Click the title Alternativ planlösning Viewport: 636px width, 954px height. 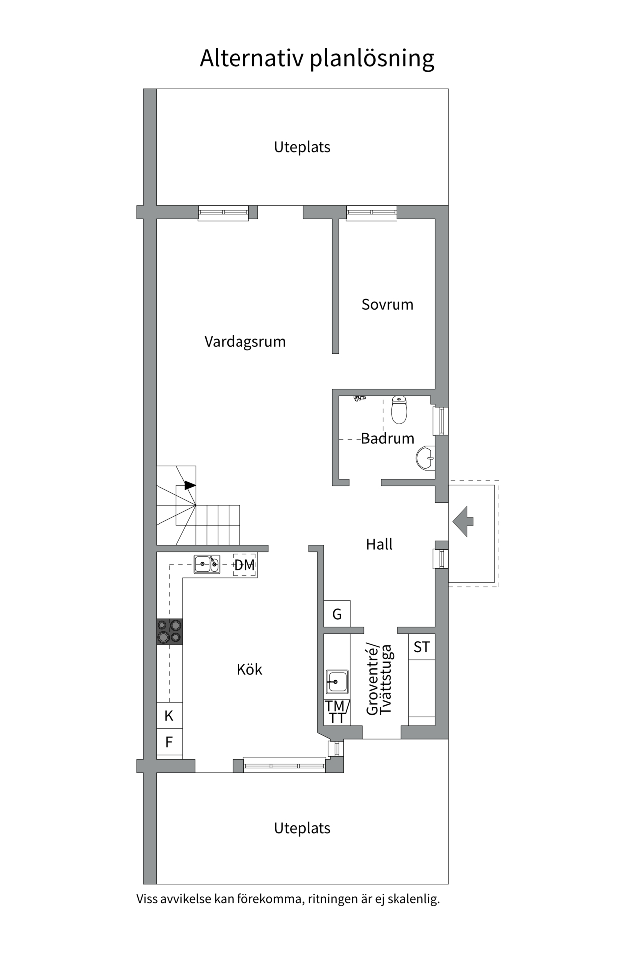coord(317,59)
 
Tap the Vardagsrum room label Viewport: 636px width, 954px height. coord(245,342)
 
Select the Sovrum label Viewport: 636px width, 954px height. coord(388,304)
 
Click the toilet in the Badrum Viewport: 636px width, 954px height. coord(399,409)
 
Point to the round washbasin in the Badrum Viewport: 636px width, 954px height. coord(425,458)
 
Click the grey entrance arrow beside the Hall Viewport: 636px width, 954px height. coord(463,521)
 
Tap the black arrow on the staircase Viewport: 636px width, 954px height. coord(190,485)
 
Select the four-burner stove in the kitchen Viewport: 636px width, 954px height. coord(169,632)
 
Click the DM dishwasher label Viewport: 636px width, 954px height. coord(244,565)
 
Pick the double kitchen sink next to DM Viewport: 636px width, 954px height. coord(207,564)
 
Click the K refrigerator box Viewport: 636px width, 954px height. coord(169,716)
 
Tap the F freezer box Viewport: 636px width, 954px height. coord(169,742)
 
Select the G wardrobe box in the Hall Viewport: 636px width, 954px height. coord(337,615)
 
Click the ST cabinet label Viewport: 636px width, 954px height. coord(422,647)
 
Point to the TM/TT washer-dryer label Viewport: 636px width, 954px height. coord(337,712)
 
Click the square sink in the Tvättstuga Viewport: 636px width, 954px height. coord(337,682)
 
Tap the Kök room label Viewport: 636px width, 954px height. coord(249,670)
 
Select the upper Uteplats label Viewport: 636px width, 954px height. coord(302,147)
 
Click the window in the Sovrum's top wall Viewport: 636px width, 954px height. coord(372,213)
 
